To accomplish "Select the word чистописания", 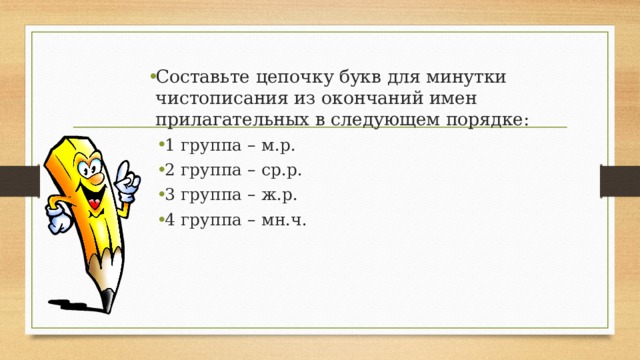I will click(x=213, y=99).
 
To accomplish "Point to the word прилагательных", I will click(x=226, y=120).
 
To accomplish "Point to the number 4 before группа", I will click(x=170, y=220).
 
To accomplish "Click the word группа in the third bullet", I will click(x=213, y=195).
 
